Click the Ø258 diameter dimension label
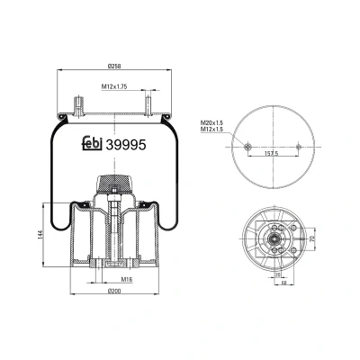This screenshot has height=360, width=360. point(113,66)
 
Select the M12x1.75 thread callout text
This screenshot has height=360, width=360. point(114,86)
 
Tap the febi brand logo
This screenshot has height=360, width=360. point(93,143)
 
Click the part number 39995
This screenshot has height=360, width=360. point(127,145)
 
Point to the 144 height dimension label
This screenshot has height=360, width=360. point(40,235)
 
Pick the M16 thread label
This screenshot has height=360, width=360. point(127,279)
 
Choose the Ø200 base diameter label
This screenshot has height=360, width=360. point(113,291)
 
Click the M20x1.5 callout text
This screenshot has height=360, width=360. point(211,123)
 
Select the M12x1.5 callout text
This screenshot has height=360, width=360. point(211,129)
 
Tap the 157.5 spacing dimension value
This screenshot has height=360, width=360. point(273,153)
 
